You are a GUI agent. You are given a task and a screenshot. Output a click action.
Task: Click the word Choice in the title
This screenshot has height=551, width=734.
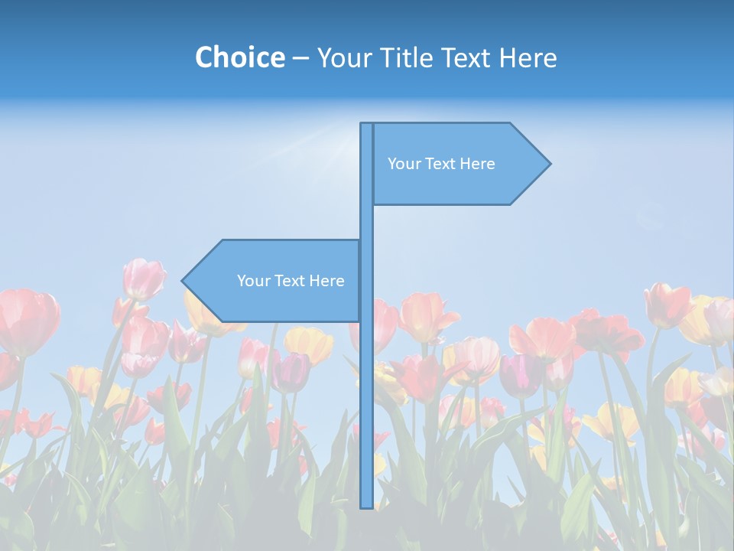pyautogui.click(x=239, y=57)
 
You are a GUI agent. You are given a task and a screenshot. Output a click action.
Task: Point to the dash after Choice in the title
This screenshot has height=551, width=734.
pyautogui.click(x=300, y=58)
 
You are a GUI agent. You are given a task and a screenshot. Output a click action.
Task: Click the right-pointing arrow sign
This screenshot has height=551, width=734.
pyautogui.click(x=459, y=164)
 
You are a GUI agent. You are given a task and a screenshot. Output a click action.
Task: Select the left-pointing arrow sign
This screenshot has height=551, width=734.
pyautogui.click(x=275, y=281)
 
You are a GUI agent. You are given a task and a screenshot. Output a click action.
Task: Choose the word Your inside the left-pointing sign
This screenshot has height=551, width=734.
pyautogui.click(x=252, y=281)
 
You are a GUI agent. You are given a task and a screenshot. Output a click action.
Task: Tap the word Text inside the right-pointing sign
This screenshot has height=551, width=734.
pyautogui.click(x=440, y=164)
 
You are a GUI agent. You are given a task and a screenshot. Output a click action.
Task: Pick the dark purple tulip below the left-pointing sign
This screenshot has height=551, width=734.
pyautogui.click(x=291, y=372)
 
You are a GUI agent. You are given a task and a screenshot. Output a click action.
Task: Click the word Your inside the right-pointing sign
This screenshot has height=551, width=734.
pyautogui.click(x=404, y=164)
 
